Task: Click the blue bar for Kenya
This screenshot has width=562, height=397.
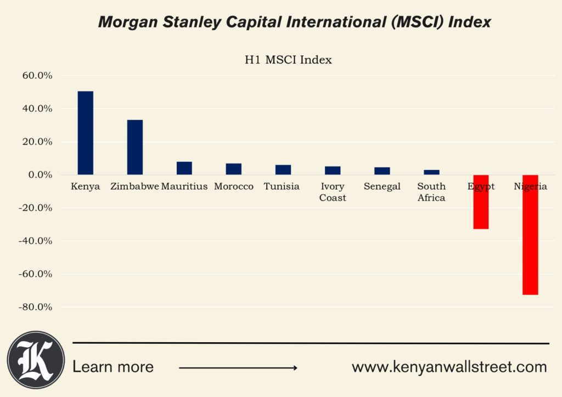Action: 86,133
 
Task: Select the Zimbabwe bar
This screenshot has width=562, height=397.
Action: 135,148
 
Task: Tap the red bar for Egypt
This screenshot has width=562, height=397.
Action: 481,202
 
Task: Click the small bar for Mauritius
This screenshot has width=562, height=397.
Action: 184,168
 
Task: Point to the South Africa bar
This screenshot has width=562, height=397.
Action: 431,172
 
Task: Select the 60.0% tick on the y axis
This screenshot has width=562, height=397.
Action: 37,76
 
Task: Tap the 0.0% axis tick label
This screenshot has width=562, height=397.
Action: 40,175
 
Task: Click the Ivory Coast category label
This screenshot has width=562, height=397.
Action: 333,192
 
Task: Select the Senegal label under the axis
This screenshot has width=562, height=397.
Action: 382,186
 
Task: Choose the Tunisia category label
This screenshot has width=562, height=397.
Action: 282,186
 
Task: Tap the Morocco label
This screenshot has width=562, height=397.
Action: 234,186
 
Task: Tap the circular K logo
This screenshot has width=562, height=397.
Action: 36,360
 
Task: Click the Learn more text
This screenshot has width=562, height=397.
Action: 113,367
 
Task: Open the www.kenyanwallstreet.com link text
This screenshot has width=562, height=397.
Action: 449,367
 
